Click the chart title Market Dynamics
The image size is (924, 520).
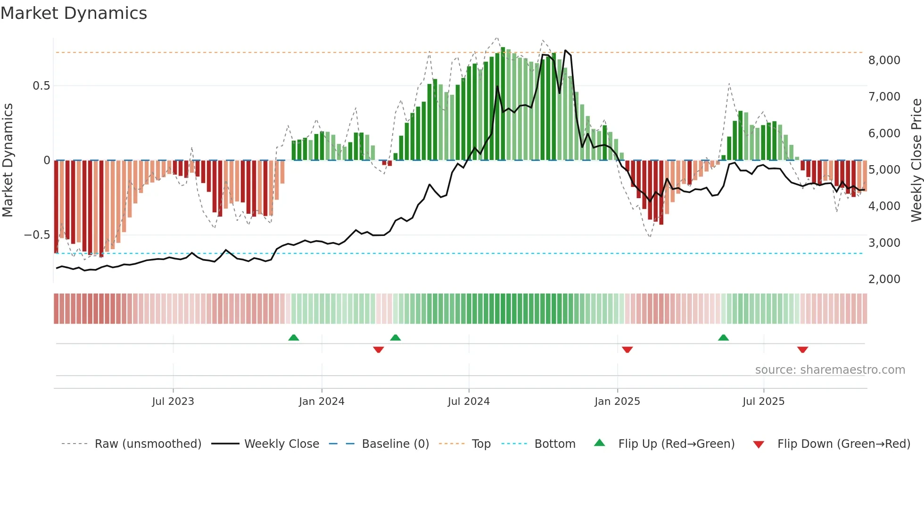[74, 13]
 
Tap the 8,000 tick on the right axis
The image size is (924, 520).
[884, 60]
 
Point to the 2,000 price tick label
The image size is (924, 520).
[884, 279]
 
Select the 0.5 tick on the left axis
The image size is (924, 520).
[41, 86]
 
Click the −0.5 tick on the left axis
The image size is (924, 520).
[37, 235]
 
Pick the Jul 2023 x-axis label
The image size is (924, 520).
[173, 402]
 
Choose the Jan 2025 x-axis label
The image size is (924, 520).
[617, 402]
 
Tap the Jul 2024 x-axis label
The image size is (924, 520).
[469, 402]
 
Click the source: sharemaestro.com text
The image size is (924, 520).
[830, 370]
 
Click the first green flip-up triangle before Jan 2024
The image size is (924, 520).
[294, 337]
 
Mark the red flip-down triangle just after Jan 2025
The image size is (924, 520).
[627, 350]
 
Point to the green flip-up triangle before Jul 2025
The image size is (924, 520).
[723, 337]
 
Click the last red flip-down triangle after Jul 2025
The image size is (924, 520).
[803, 350]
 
